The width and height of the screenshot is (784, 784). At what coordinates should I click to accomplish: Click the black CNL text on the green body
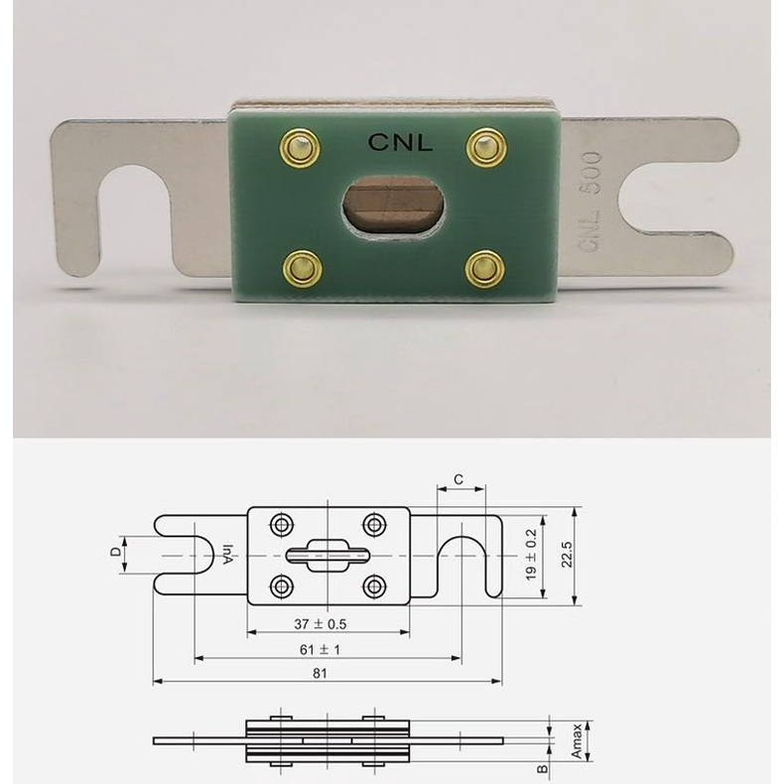coord(400,143)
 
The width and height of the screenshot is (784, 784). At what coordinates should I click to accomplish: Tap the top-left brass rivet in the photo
coord(300,148)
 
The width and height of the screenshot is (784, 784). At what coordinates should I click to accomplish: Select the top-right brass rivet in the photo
coord(486,147)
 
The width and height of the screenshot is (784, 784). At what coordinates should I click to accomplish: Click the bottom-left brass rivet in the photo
coord(302,269)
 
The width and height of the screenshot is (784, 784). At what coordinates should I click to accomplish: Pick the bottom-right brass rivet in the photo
coord(484,269)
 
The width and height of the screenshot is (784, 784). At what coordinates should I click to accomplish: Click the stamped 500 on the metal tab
coord(591,173)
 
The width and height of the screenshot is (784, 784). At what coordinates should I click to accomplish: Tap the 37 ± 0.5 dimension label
coord(320,624)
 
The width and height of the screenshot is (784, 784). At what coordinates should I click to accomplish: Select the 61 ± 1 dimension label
coord(320,649)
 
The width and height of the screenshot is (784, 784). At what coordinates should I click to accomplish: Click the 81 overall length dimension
coord(320,673)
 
